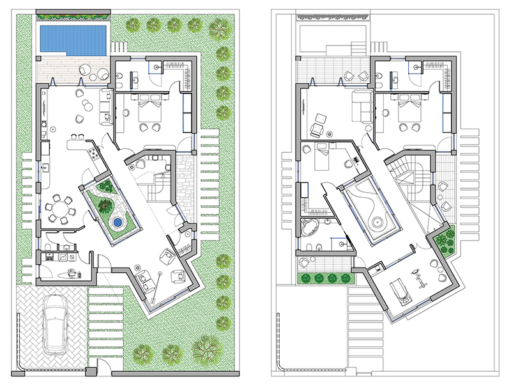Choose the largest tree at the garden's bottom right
[205, 349]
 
